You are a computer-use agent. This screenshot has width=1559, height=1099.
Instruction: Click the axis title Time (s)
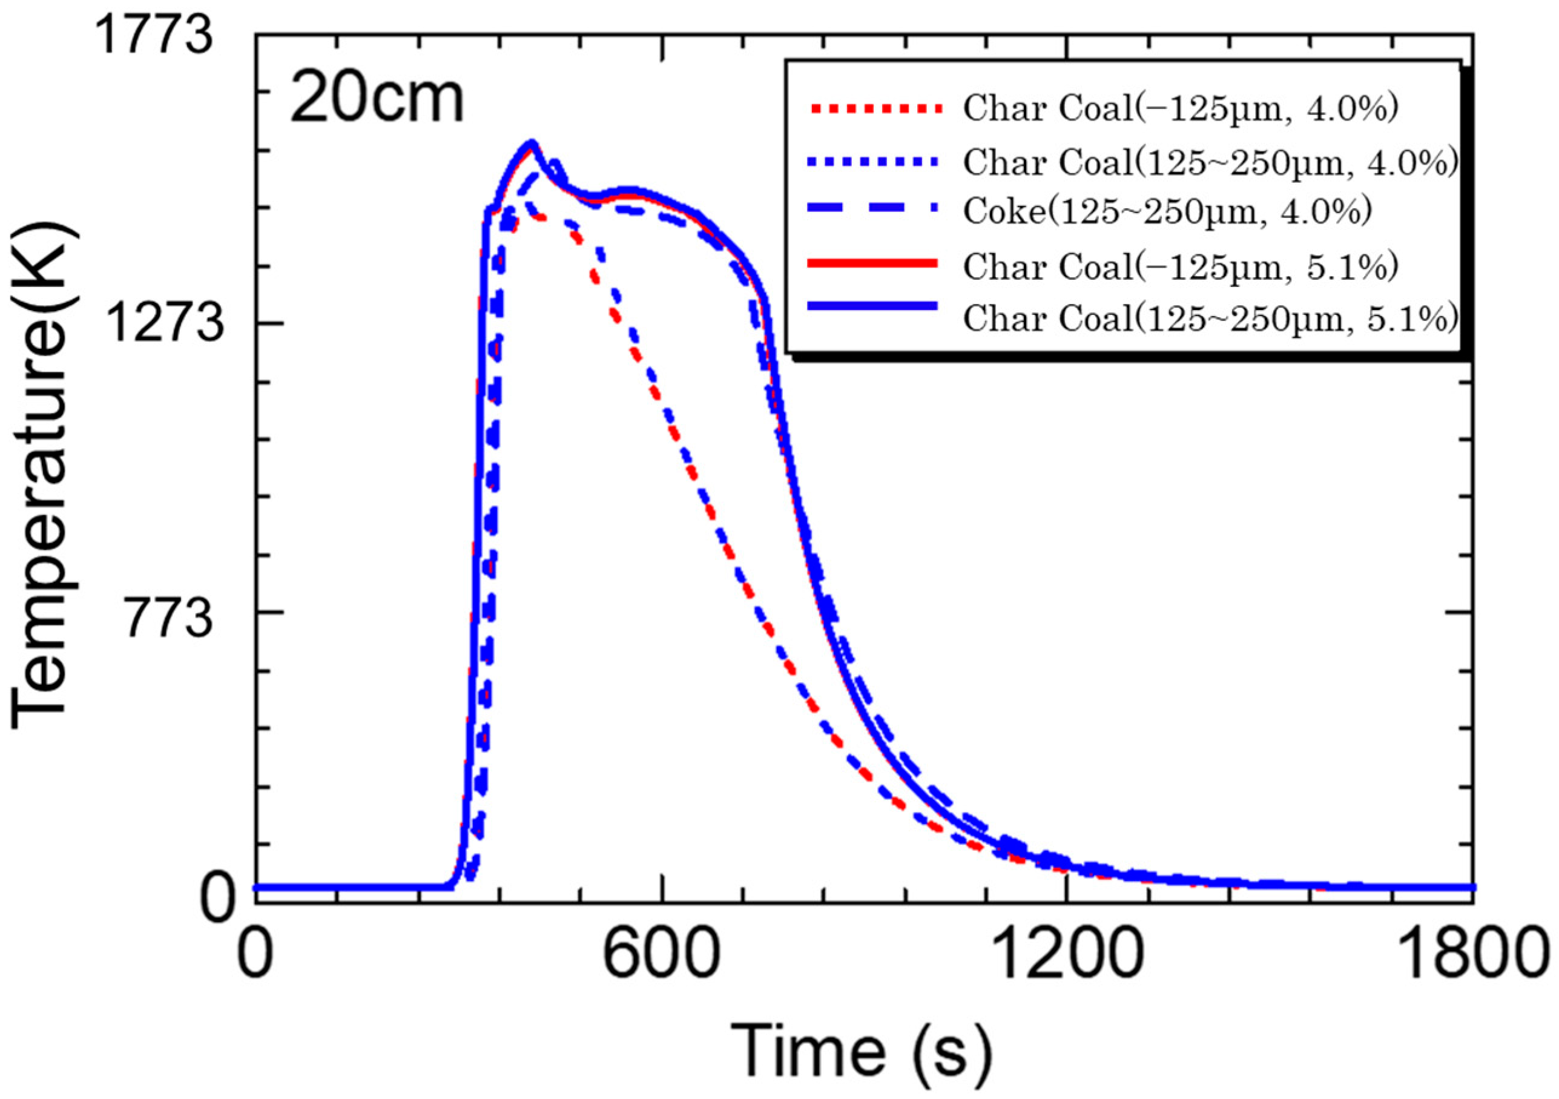coord(860,1050)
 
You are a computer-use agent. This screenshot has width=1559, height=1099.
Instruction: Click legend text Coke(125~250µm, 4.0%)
coord(1167,212)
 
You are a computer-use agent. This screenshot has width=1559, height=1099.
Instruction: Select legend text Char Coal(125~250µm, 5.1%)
coord(1210,318)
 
